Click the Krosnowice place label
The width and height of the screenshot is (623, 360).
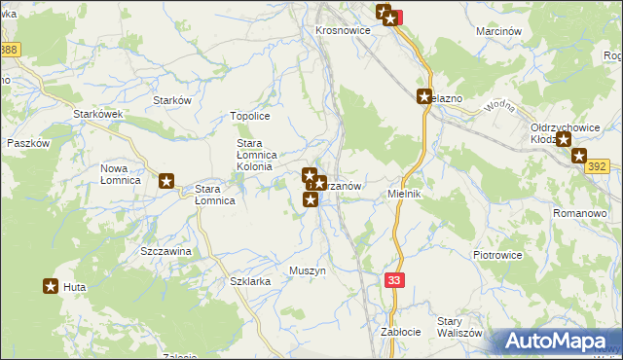(x=344, y=30)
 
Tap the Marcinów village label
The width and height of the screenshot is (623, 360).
(x=500, y=31)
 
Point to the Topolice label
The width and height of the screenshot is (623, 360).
(x=249, y=116)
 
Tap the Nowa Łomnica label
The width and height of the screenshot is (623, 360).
(x=121, y=174)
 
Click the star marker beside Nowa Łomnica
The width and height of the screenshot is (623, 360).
(x=166, y=180)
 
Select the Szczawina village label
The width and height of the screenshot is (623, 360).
(x=165, y=251)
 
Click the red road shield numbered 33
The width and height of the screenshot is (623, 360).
(x=393, y=280)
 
